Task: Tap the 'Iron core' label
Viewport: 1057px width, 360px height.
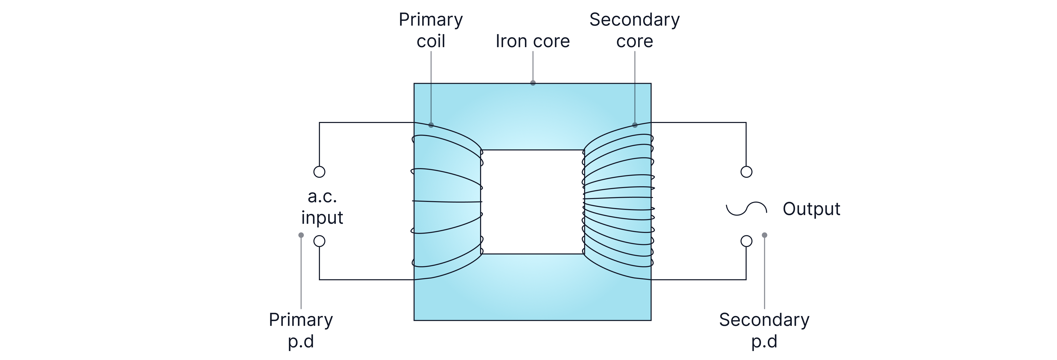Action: [533, 41]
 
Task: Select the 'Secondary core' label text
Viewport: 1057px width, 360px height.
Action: [634, 30]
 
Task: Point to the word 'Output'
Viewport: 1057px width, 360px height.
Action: [811, 209]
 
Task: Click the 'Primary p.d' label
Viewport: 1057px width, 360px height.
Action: [301, 330]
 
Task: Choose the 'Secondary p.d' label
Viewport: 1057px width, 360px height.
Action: [764, 330]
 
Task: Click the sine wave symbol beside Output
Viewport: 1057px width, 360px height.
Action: [747, 209]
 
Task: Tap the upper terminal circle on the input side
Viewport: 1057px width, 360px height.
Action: [319, 172]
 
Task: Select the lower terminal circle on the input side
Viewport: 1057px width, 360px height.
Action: [319, 241]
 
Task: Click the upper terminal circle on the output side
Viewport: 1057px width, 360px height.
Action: [747, 172]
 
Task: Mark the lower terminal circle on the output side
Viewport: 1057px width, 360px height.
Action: [747, 241]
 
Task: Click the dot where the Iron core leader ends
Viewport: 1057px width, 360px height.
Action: [533, 83]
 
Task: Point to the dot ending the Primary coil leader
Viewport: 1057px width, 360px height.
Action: [431, 125]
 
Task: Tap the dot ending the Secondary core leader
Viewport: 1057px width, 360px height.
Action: [635, 125]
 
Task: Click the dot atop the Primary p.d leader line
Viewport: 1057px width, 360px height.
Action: [301, 235]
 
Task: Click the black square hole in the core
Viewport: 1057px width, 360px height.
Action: [532, 202]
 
